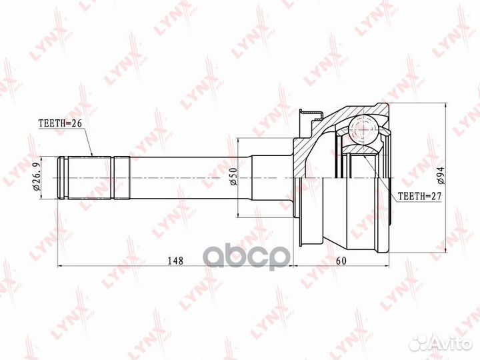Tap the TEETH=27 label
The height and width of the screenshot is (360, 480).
(419, 196)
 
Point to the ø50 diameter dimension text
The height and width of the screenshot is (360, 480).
(233, 177)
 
